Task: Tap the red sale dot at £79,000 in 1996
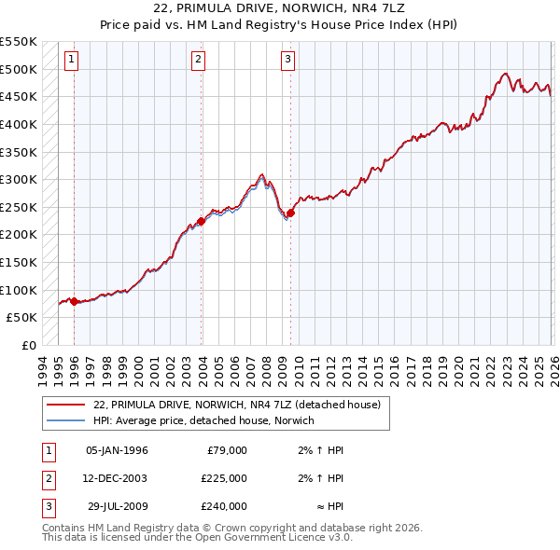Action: [74, 301]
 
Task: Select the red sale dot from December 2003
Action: [201, 221]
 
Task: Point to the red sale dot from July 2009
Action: [290, 213]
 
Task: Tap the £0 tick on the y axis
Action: [28, 345]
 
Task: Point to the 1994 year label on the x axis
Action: [43, 366]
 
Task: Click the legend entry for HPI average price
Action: [203, 420]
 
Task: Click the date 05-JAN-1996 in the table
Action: [117, 450]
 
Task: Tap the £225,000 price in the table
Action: [224, 478]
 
